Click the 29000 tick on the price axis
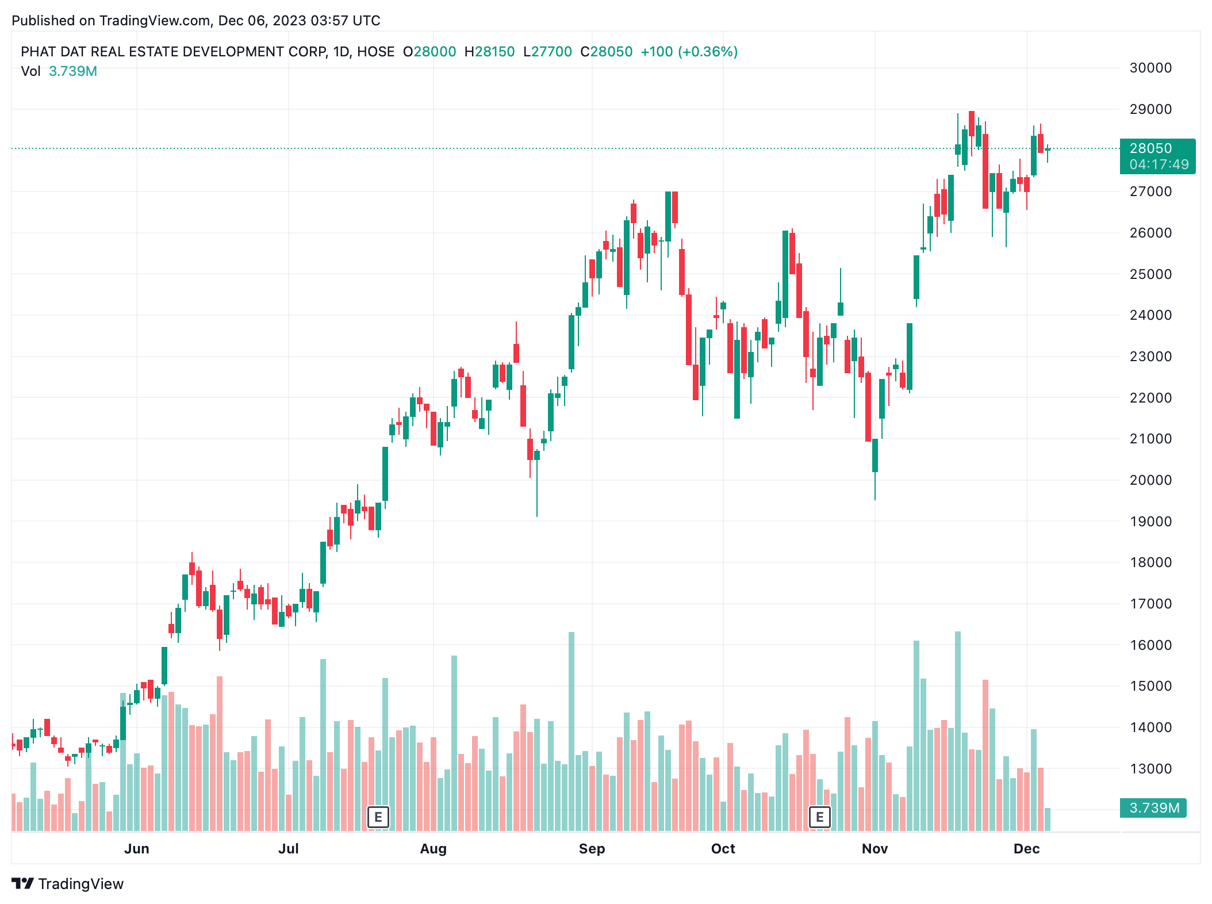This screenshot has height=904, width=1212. (1150, 109)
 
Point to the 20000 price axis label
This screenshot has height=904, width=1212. (1150, 480)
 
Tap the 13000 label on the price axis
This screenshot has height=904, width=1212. (1150, 769)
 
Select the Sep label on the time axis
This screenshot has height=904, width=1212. (592, 849)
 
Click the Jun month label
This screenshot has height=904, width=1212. (137, 849)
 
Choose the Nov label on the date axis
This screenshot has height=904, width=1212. (875, 849)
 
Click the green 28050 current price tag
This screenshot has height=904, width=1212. (1150, 148)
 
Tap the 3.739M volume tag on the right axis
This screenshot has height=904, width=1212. (1154, 808)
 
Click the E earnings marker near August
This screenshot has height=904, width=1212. (378, 817)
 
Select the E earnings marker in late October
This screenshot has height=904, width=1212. (819, 817)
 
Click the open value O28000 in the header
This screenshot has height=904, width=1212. (429, 52)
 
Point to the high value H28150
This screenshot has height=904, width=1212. (489, 52)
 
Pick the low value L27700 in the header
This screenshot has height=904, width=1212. (547, 52)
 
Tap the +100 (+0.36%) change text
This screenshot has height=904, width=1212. (689, 52)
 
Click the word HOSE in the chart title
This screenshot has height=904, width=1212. (375, 52)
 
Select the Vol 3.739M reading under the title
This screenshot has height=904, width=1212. (59, 71)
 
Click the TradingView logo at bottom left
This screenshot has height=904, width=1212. (68, 884)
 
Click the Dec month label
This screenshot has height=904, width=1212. (1026, 849)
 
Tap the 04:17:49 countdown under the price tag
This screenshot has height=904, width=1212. (1159, 164)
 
